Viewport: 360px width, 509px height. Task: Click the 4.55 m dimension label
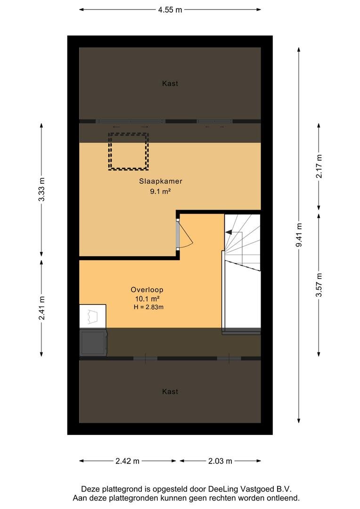170,10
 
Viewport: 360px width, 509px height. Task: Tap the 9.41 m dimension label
299,235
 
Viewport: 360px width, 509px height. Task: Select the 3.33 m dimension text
41,189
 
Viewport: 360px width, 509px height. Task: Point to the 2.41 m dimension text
41,308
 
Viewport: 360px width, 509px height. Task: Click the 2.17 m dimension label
319,166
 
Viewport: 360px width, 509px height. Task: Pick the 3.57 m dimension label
319,285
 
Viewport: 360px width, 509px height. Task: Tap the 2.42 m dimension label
128,461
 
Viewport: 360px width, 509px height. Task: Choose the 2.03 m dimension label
220,461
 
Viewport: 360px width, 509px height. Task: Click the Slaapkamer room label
161,181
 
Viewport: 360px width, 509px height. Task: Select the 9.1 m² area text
160,191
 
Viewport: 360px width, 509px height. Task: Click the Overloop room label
147,289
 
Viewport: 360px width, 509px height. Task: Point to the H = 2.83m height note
149,307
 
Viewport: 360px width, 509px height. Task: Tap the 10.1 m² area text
147,299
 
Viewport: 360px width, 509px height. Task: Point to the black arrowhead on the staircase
229,232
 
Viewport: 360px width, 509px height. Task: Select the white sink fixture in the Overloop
93,317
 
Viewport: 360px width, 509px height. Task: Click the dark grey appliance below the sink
93,343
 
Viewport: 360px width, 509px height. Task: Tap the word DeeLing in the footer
223,489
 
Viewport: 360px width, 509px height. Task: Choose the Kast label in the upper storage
170,83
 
